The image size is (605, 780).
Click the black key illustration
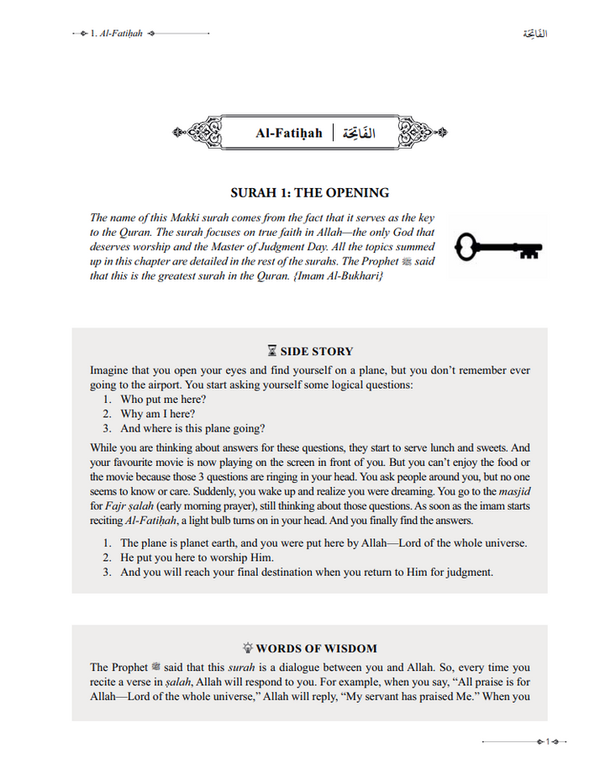497,248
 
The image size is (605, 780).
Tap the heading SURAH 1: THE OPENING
309,192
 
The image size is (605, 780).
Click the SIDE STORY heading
316,352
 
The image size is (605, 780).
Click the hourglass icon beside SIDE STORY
271,352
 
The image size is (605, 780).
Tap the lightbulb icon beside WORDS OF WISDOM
247,648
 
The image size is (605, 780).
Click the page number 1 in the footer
548,742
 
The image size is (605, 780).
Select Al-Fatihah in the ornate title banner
289,133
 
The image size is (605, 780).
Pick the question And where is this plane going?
192,428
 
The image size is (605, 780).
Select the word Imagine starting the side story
111,370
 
